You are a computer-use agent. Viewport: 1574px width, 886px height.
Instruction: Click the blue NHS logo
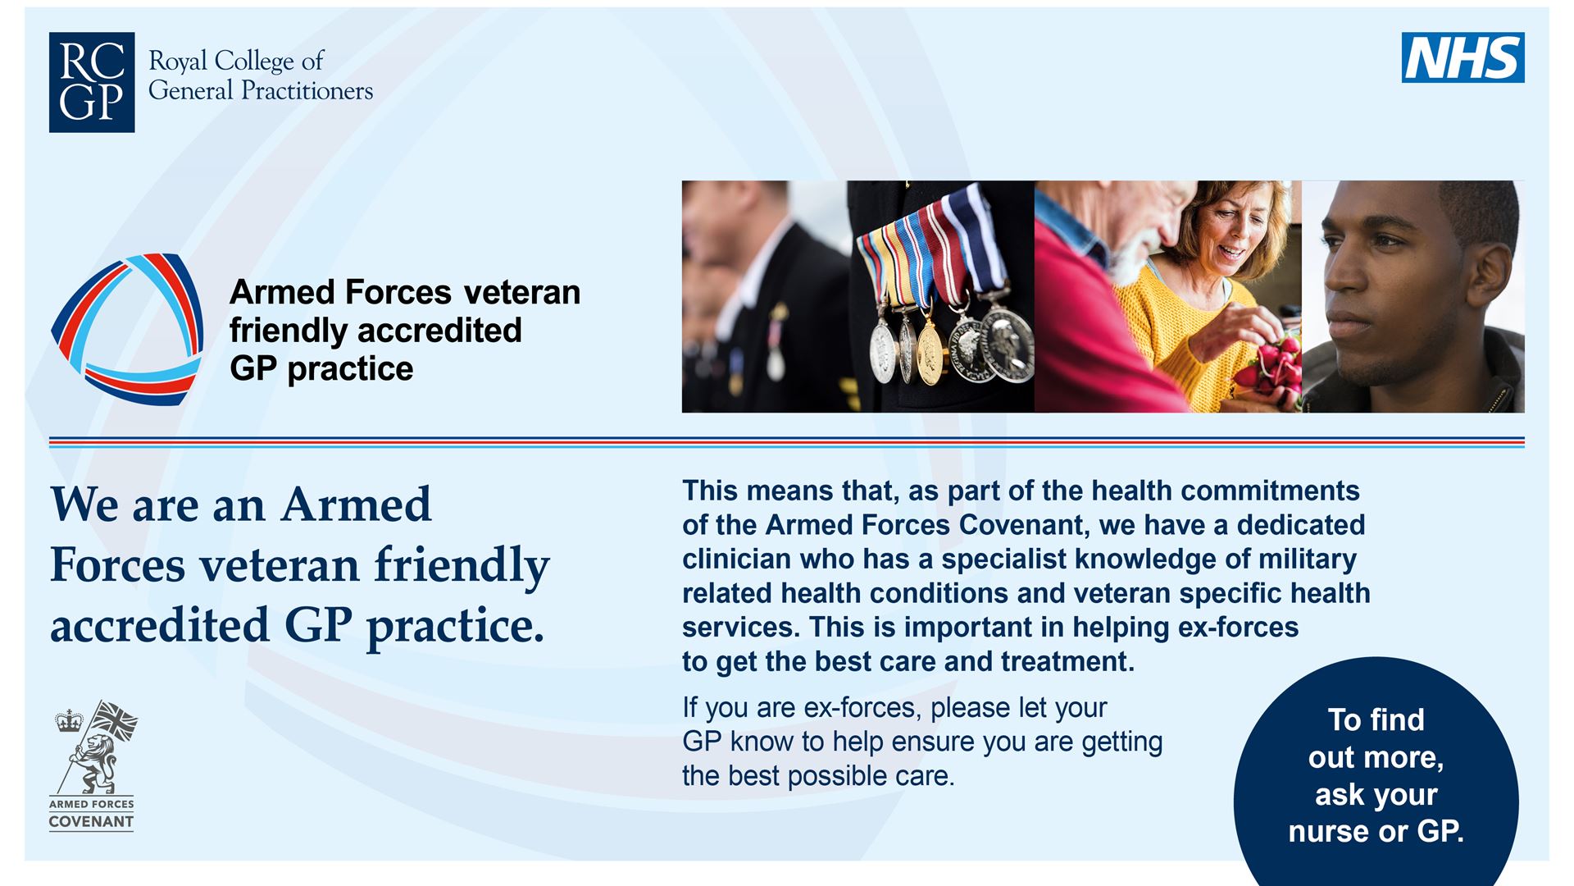(x=1463, y=57)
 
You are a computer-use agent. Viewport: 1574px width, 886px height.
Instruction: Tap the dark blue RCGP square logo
(x=92, y=83)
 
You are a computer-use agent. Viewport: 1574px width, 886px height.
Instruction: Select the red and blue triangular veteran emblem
(x=127, y=329)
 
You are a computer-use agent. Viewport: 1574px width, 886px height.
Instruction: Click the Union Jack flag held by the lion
(x=114, y=720)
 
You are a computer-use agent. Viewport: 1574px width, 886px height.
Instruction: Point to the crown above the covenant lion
(x=69, y=722)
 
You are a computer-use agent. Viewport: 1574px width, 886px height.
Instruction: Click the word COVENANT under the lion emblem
(x=91, y=822)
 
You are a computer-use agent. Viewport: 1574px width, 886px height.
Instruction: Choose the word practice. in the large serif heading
(x=456, y=627)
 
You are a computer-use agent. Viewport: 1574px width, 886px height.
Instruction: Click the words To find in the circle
(x=1376, y=719)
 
